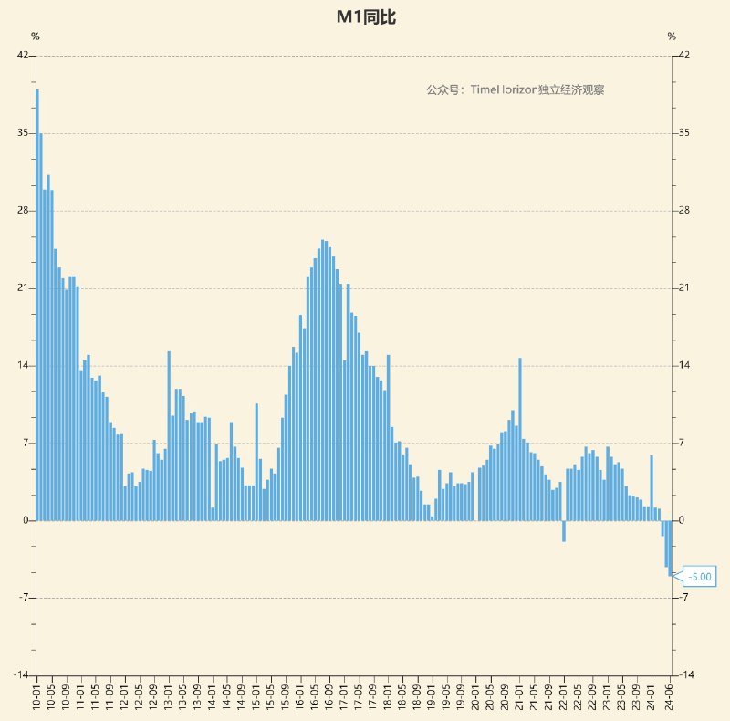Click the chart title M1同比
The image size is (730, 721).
365,17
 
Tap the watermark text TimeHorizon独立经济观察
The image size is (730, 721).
516,89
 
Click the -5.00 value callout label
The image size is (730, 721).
700,577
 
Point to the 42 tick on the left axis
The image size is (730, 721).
23,56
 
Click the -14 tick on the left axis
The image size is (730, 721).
20,675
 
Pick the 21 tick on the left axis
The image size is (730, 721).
23,288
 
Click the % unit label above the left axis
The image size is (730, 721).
36,37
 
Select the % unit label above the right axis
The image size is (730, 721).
672,37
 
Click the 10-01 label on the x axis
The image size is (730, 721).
37,696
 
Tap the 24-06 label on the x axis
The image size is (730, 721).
670,696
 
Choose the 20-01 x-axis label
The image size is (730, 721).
475,696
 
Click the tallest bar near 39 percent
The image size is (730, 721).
37,301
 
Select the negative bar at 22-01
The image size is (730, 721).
564,531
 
